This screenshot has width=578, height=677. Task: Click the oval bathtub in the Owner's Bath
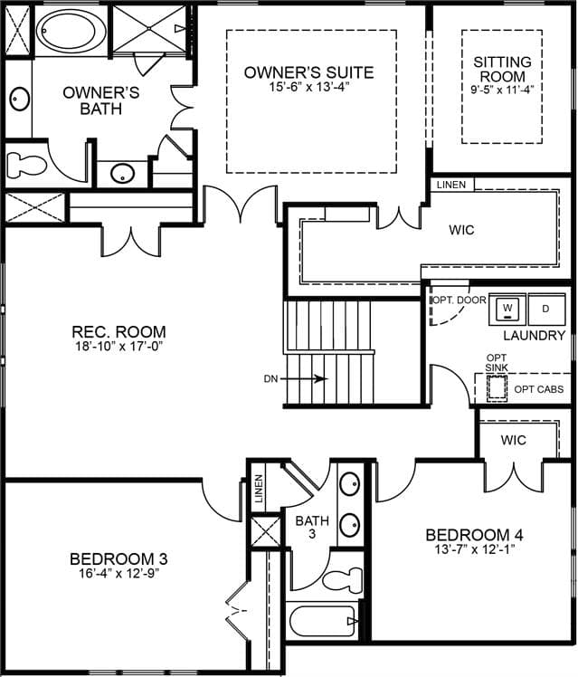pos(71,30)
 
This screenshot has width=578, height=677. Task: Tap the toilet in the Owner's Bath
pos(26,165)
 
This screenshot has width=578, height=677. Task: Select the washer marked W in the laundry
pos(507,310)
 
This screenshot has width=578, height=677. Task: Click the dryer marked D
pos(546,310)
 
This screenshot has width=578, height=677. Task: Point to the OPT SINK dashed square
pos(497,388)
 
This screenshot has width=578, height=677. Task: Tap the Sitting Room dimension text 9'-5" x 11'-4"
pos(502,90)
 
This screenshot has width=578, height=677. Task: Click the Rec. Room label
pos(118,331)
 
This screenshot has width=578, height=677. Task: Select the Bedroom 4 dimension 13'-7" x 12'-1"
pos(475,549)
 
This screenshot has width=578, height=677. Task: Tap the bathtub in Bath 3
pos(324,621)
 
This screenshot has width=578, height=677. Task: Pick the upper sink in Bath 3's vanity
pos(349,484)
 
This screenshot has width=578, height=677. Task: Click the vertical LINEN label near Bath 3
pos(259,489)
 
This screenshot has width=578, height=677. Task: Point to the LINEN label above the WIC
pos(451,185)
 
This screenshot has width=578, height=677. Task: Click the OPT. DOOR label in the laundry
pos(460,300)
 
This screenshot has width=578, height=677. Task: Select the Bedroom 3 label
pos(118,559)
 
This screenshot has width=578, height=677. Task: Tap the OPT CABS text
pos(539,389)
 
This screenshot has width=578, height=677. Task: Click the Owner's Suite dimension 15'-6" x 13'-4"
pos(308,87)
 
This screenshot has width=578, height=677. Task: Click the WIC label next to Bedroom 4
pos(513,440)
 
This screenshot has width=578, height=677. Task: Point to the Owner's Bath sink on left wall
pos(19,99)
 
